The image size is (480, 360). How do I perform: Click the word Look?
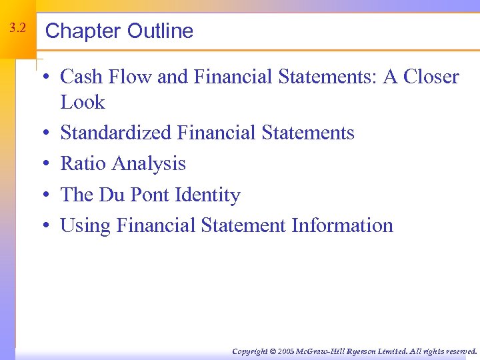click(83, 103)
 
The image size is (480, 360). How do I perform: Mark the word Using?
click(85, 226)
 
